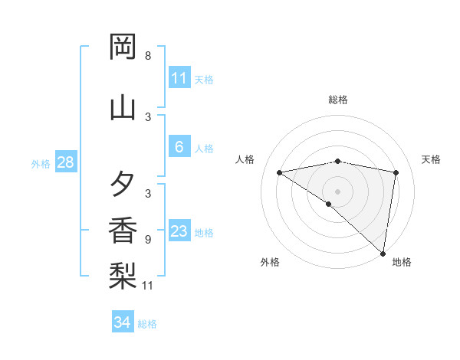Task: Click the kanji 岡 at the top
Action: [123, 47]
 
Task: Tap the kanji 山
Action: [123, 107]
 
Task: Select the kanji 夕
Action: [123, 185]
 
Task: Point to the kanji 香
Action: [123, 231]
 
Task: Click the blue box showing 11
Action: [179, 78]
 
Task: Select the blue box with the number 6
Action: [179, 147]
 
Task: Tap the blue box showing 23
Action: [179, 231]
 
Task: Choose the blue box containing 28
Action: [65, 162]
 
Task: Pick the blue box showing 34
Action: [122, 322]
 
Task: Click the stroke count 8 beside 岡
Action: [148, 55]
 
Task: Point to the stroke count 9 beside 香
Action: [148, 239]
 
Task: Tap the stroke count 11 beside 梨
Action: [148, 286]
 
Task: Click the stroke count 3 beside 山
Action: [148, 116]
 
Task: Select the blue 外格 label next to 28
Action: [41, 163]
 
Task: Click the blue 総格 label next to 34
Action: [147, 324]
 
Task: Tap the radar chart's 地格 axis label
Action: [402, 262]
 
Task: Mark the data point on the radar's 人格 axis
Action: [279, 172]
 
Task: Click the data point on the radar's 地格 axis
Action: [383, 253]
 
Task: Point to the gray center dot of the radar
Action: [337, 191]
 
